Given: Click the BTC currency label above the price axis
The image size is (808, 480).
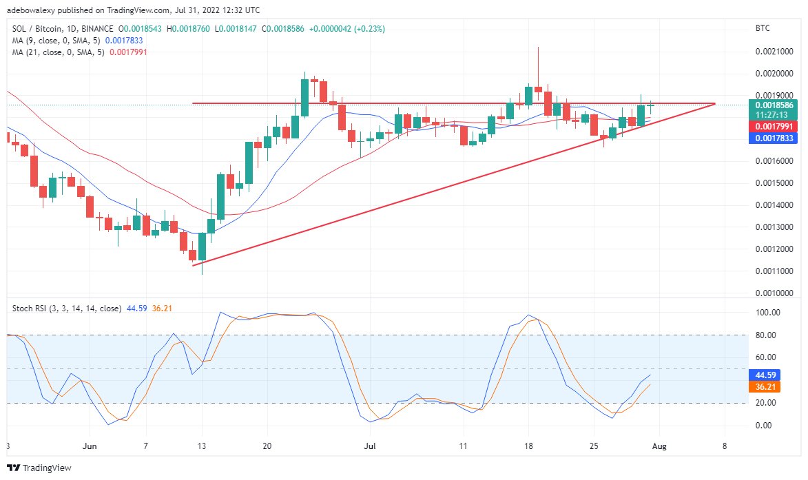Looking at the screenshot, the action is pyautogui.click(x=763, y=28).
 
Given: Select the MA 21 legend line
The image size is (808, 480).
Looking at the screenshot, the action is pyautogui.click(x=59, y=52).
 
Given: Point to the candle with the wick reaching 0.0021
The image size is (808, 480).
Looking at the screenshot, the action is pyautogui.click(x=538, y=69).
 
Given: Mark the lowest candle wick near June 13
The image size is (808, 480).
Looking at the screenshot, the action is pyautogui.click(x=202, y=269).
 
